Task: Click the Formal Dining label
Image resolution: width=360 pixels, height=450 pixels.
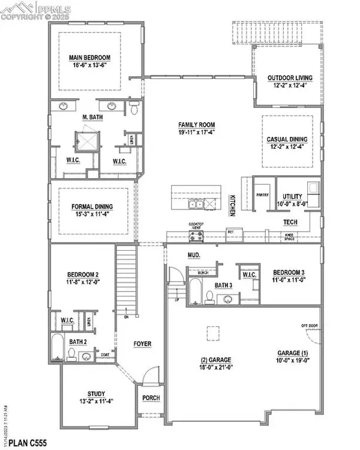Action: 92,206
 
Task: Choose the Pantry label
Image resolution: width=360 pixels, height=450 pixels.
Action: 262,195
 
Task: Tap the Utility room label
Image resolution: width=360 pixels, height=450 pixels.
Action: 292,196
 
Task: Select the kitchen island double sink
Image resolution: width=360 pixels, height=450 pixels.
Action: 196,205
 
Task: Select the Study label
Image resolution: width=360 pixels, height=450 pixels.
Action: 96,394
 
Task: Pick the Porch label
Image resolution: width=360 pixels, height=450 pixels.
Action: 150,398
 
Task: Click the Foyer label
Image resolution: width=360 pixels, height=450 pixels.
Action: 143,344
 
